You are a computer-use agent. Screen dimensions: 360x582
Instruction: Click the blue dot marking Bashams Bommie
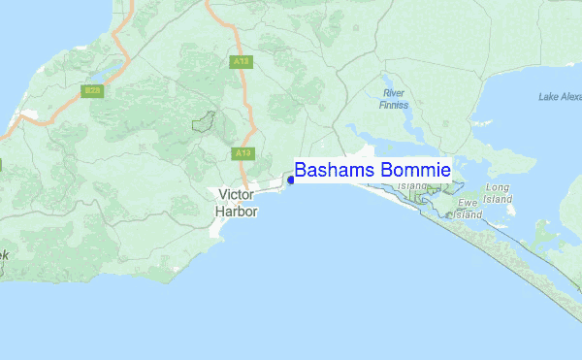[290, 180]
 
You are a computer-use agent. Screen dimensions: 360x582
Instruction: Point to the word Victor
[236, 195]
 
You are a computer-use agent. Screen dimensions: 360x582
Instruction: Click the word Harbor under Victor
[236, 210]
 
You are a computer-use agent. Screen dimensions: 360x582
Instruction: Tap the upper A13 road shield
[242, 61]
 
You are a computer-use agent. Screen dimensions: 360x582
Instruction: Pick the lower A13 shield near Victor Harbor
[242, 153]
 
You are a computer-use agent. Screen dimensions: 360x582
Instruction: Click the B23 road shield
[92, 90]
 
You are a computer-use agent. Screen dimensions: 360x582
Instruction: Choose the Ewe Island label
[469, 209]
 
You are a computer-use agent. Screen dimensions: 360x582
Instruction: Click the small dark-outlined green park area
[204, 122]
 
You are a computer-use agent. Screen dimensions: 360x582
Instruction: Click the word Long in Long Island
[498, 187]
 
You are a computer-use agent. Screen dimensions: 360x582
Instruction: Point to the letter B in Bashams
[301, 170]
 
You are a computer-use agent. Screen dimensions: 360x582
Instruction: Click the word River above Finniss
[394, 94]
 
